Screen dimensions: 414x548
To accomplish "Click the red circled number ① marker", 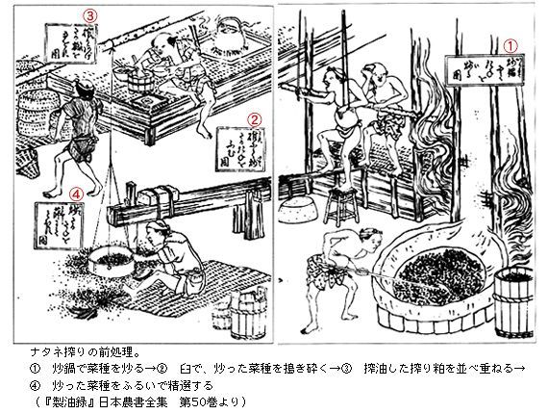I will (512, 44).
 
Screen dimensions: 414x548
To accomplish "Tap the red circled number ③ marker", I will (90, 15).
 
